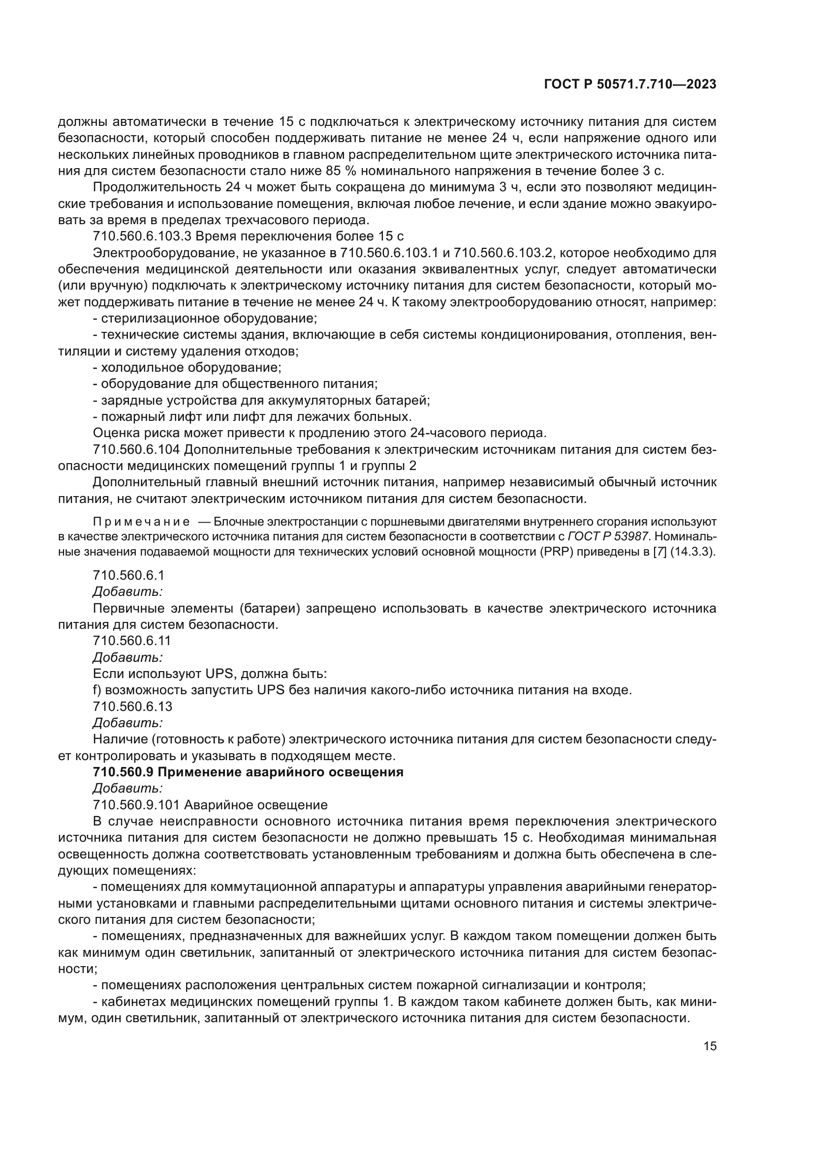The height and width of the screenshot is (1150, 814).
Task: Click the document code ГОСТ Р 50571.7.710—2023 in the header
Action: [629, 85]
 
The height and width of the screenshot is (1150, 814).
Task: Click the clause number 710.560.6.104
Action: [137, 450]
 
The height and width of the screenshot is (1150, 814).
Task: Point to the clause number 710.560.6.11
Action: [132, 641]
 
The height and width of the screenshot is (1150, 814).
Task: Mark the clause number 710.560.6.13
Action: [132, 707]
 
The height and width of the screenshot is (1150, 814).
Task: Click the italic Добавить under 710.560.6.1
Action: [127, 591]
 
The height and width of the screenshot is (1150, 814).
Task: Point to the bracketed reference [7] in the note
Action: [660, 552]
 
